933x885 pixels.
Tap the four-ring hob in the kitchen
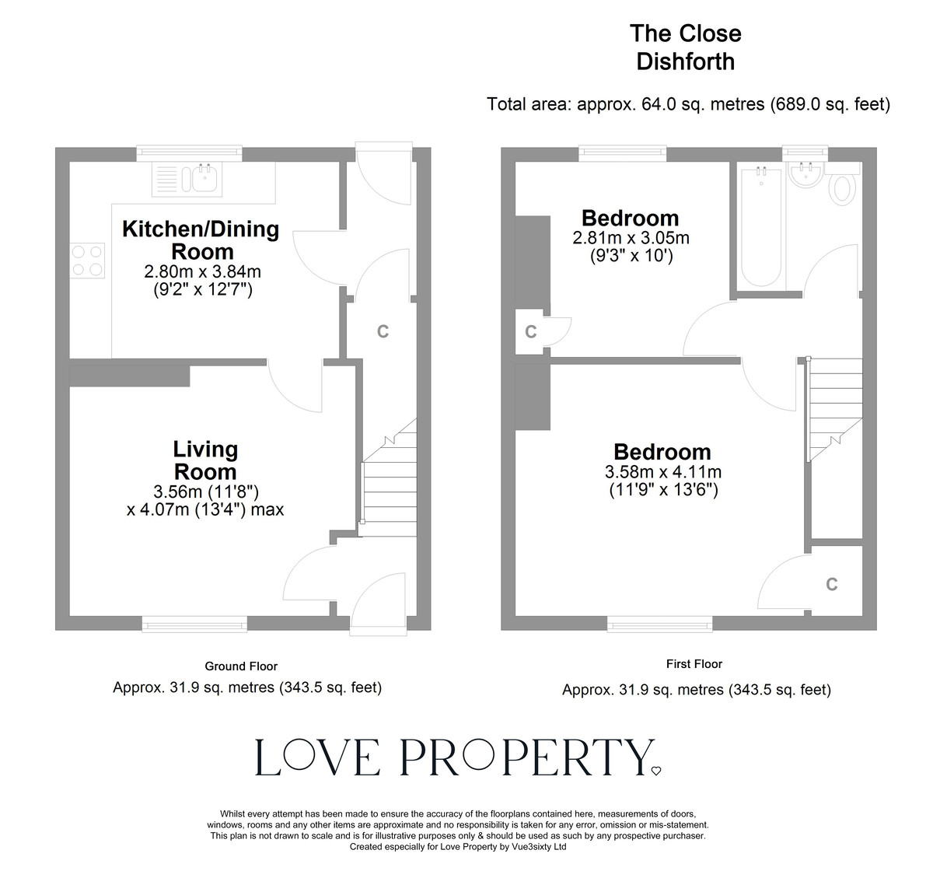click(x=87, y=260)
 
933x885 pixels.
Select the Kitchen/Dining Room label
click(x=201, y=240)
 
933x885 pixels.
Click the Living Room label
click(x=205, y=460)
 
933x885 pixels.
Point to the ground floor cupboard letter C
click(x=383, y=331)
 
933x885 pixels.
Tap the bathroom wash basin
click(x=805, y=176)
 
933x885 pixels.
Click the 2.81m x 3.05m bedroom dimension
click(x=631, y=238)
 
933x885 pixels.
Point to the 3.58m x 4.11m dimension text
click(x=662, y=472)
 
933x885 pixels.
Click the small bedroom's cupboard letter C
click(x=531, y=332)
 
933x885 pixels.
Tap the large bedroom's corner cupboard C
click(x=832, y=584)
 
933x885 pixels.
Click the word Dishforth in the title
click(x=685, y=61)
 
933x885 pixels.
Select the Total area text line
click(x=688, y=103)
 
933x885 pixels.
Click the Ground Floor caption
click(x=241, y=666)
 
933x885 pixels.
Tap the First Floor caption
click(x=694, y=663)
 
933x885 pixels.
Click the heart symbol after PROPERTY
click(x=655, y=771)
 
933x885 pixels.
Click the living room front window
click(x=194, y=622)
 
